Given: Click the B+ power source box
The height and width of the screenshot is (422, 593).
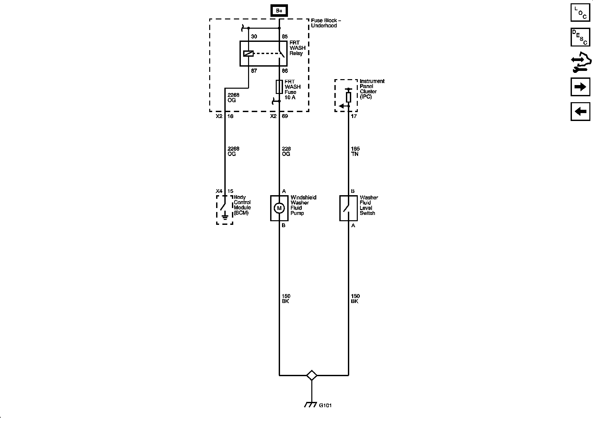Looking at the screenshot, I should click(x=279, y=11).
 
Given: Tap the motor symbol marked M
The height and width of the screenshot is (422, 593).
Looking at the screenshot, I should click(x=279, y=208).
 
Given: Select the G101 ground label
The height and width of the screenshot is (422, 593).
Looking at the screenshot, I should click(x=325, y=406).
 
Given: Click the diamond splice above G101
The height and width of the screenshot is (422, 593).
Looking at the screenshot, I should click(x=312, y=375).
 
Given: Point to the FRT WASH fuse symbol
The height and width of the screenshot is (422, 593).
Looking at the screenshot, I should click(x=279, y=87).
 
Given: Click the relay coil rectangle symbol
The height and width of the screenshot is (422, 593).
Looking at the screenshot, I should click(x=248, y=53).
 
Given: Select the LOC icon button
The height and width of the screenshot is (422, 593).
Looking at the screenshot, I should click(x=580, y=12).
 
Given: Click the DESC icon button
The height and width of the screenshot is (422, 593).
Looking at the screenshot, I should click(x=580, y=37).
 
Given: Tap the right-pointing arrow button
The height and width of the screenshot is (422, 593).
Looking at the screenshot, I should click(x=580, y=87).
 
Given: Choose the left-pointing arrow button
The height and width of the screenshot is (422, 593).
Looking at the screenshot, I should click(x=580, y=111).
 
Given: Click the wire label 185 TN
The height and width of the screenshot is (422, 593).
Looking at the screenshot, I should click(x=355, y=151).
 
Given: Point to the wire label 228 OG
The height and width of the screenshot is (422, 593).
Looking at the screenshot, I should click(x=286, y=151).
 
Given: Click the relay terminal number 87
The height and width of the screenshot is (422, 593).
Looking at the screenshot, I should click(x=254, y=71).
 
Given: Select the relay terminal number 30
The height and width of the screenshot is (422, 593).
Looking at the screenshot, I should click(x=254, y=37).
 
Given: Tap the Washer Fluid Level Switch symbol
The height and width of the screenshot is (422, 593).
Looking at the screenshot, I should click(x=348, y=208).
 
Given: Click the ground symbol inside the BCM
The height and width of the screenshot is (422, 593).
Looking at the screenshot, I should click(x=225, y=217).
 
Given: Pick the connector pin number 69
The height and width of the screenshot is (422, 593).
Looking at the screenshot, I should click(x=285, y=116).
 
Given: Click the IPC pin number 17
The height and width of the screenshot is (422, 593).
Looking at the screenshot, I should click(x=354, y=116).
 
